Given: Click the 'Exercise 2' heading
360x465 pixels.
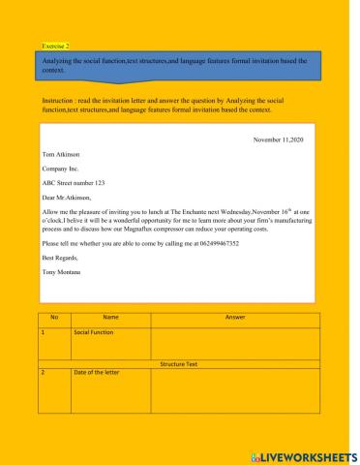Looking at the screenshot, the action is point(57,46).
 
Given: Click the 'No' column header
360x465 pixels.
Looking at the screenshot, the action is point(54,317).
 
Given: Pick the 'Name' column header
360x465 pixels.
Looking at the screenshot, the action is point(110,317).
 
